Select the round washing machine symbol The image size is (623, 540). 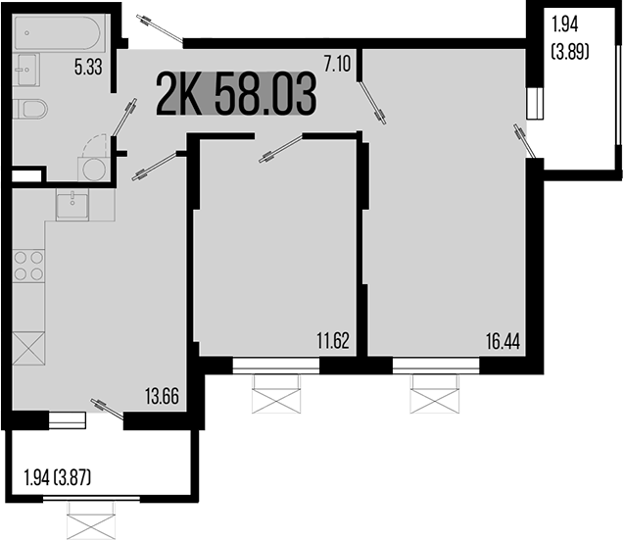pos(95,169)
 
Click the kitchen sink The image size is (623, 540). pos(72,206)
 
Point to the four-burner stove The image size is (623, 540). pos(29,266)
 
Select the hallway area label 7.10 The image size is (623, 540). pos(337,66)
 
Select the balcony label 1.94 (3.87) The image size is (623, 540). pos(58,480)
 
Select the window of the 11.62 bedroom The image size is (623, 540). pos(277,366)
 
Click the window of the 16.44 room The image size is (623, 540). pos(436,366)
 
